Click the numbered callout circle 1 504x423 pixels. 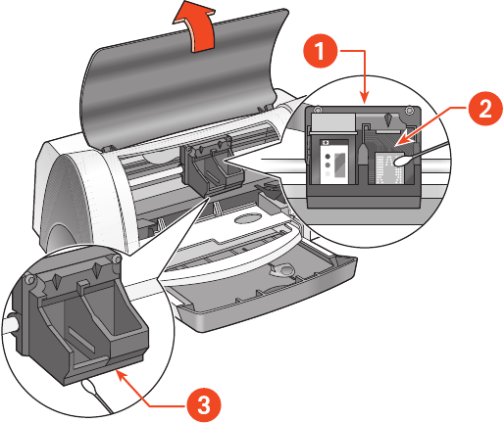coord(320,51)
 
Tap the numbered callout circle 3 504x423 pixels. coord(204,405)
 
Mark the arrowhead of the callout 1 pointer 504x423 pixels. coord(365,97)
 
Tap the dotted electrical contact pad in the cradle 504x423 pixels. coord(390,168)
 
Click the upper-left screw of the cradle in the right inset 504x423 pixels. coord(316,110)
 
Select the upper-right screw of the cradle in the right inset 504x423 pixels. coord(409,111)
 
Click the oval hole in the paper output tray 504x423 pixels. coord(248,218)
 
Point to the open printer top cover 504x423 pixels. coord(184,78)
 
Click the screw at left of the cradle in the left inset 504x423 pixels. coord(29,279)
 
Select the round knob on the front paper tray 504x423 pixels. coord(283,269)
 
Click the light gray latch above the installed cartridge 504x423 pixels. coord(333,123)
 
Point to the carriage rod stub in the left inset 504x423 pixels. coord(12,324)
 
